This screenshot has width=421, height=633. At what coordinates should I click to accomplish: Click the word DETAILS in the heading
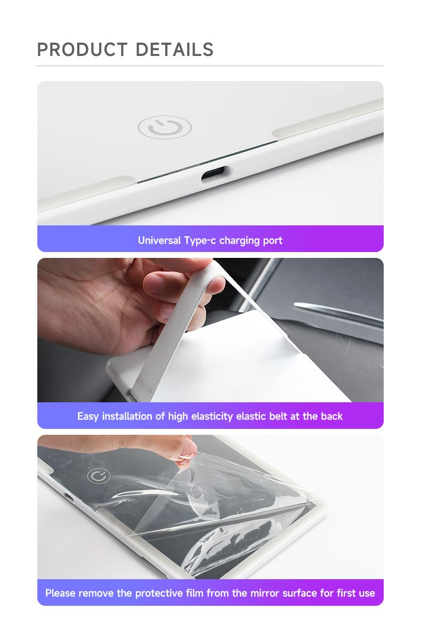tap(174, 50)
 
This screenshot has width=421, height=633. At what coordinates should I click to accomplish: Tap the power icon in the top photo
tap(164, 128)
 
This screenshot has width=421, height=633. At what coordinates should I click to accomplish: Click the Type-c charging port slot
tap(214, 174)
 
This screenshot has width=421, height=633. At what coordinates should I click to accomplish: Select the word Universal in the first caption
tap(159, 240)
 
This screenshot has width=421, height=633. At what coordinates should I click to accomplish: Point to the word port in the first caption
tap(272, 240)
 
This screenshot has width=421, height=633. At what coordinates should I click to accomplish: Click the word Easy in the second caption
tap(88, 416)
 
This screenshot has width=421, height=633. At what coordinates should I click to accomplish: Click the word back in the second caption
tap(332, 416)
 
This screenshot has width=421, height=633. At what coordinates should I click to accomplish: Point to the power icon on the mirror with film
tap(99, 476)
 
